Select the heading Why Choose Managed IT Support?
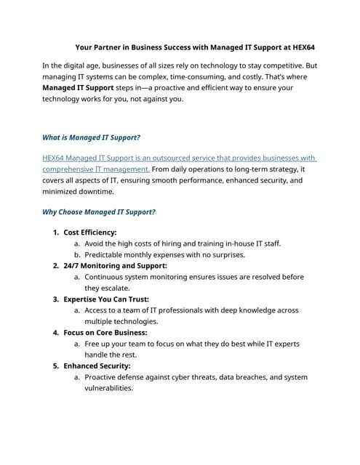tap(99, 212)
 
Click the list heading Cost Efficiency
tap(95, 232)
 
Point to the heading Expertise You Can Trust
tap(106, 299)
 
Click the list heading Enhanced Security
tap(97, 366)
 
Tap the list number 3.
tap(55, 299)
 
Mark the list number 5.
tap(55, 366)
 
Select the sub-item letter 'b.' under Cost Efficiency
tap(77, 255)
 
